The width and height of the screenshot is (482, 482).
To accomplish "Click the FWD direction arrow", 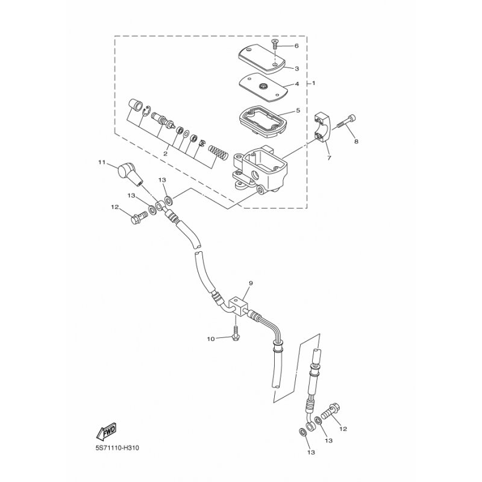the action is [x=106, y=431].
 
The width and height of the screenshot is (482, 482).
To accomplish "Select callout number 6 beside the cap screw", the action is [x=296, y=46].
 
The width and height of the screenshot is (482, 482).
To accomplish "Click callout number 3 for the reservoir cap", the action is [x=296, y=69].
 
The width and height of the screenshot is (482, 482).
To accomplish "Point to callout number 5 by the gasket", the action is [x=296, y=111].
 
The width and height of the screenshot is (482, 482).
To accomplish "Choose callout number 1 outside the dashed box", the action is [x=313, y=83].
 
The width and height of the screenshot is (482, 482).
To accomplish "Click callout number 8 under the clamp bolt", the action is [x=355, y=142].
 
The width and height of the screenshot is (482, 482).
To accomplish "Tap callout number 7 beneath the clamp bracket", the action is [x=329, y=158].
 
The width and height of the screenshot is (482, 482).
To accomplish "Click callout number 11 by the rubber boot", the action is [x=102, y=162].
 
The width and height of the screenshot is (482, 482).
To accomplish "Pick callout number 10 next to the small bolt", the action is [x=211, y=339].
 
